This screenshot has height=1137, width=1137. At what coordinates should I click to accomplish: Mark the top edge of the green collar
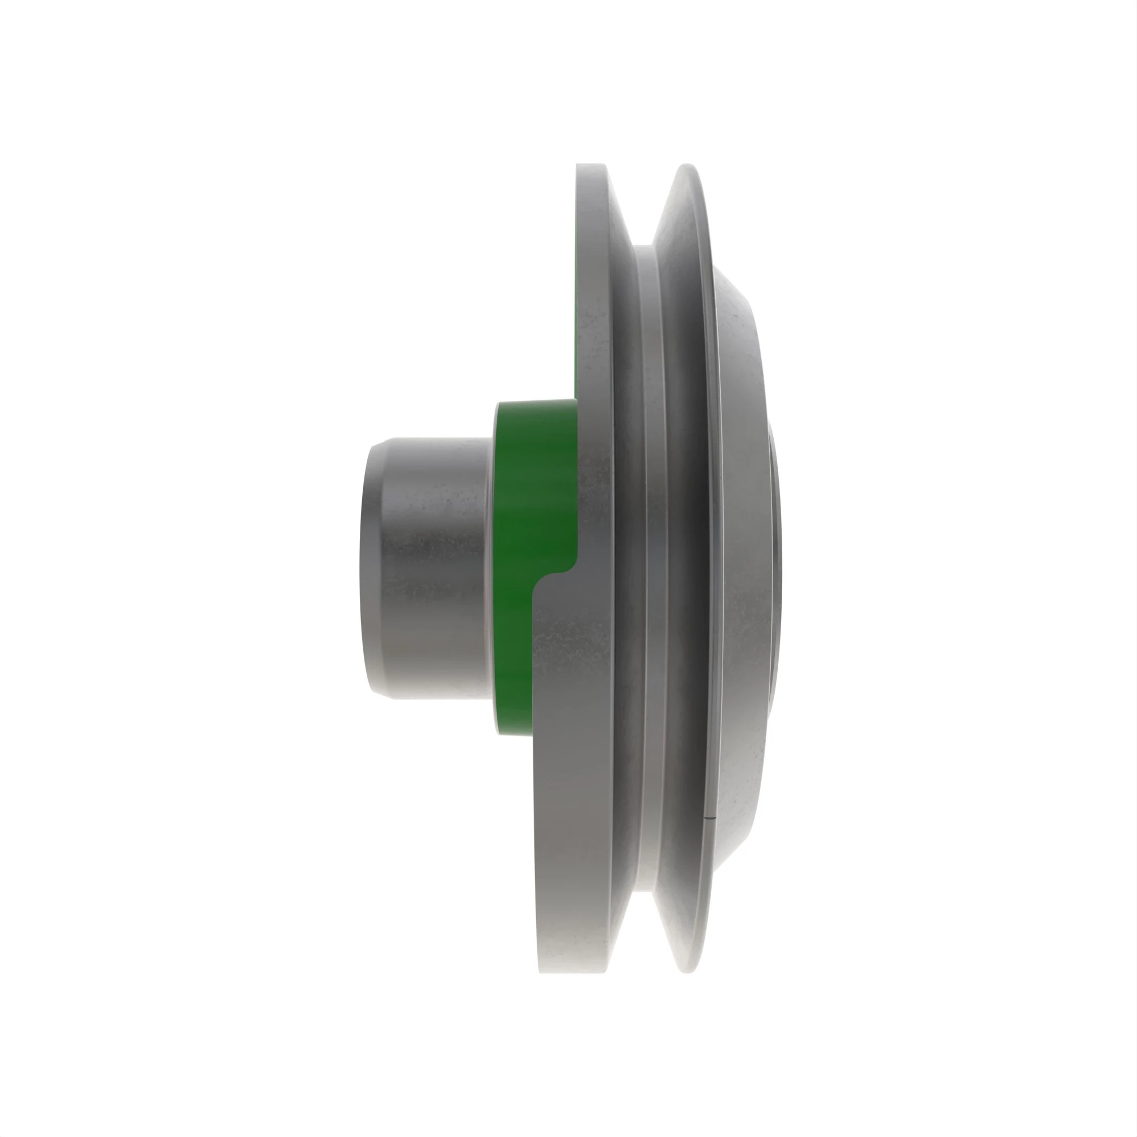(x=536, y=401)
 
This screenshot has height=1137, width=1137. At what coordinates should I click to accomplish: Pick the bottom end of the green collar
(x=512, y=732)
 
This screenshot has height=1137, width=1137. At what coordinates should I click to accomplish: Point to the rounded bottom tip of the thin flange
(x=688, y=971)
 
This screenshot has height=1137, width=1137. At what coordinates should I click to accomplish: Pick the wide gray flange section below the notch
(x=571, y=765)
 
